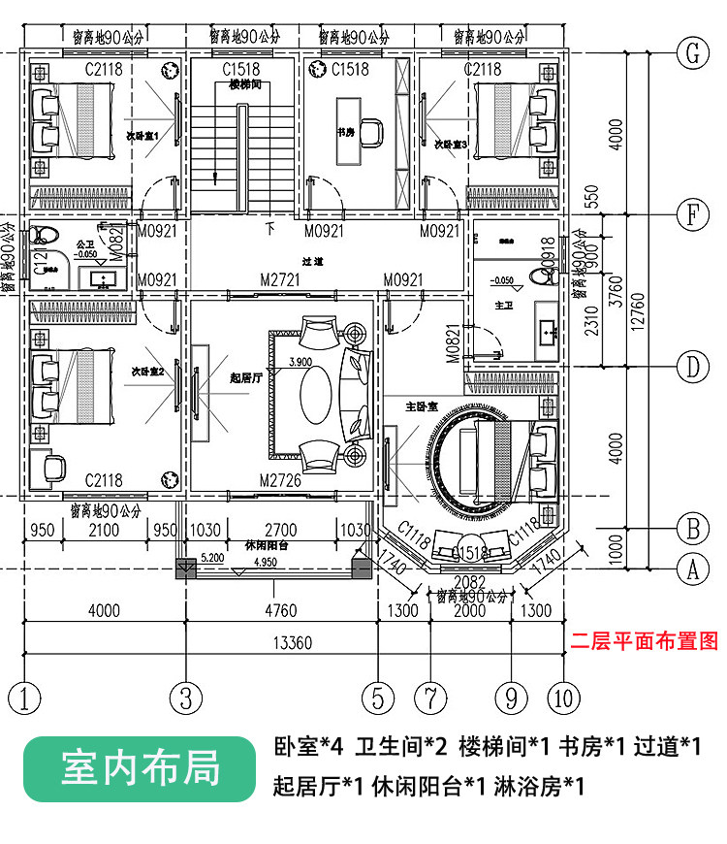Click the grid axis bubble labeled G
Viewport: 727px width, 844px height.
pos(692,54)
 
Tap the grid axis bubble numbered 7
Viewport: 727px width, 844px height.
pos(428,698)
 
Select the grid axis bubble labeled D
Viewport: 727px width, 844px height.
pos(692,367)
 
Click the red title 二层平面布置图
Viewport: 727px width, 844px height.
pos(645,641)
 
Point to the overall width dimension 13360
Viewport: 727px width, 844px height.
pos(291,641)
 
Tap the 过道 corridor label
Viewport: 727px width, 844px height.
pos(312,262)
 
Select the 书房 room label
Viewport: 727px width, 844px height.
pos(345,132)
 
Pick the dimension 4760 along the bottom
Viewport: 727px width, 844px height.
pos(280,611)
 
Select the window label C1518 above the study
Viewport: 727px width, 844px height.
pos(350,70)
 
